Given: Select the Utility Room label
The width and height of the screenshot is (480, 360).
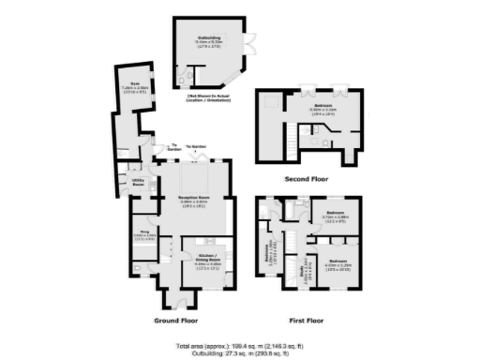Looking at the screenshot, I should point(139,182).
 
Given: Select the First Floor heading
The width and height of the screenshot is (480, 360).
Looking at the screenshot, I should point(307,320).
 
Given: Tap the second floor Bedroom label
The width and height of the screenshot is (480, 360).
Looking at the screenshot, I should point(322,107).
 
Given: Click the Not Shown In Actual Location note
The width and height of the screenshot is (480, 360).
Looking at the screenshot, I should point(211,99).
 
